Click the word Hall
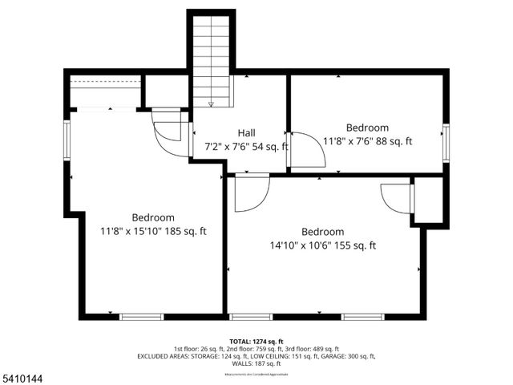click(246, 133)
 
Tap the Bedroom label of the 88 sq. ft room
click(367, 128)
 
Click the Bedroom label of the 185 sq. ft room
click(153, 217)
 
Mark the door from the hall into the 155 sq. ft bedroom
click(250, 194)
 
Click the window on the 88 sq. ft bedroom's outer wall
click(446, 142)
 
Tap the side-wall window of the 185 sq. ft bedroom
click(67, 142)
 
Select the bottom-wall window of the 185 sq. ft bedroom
click(142, 317)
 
